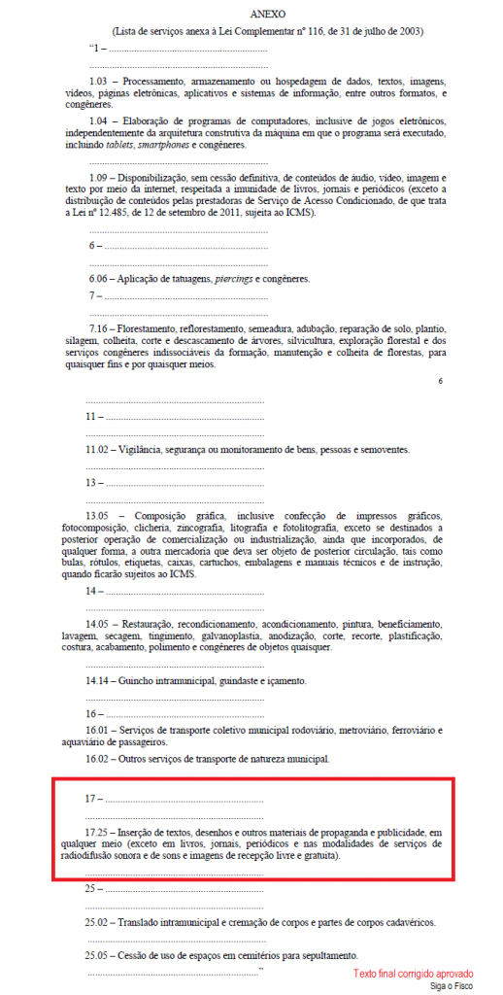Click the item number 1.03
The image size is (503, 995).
[x=98, y=80]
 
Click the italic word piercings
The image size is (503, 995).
[x=235, y=279]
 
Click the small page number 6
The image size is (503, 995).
[x=439, y=382]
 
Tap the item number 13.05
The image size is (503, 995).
[x=100, y=515]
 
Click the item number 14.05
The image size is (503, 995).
[x=100, y=623]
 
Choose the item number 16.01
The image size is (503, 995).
[x=100, y=729]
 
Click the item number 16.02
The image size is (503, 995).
[x=100, y=758]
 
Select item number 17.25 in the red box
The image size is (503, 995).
[x=100, y=832]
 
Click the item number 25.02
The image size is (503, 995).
[x=100, y=922]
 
